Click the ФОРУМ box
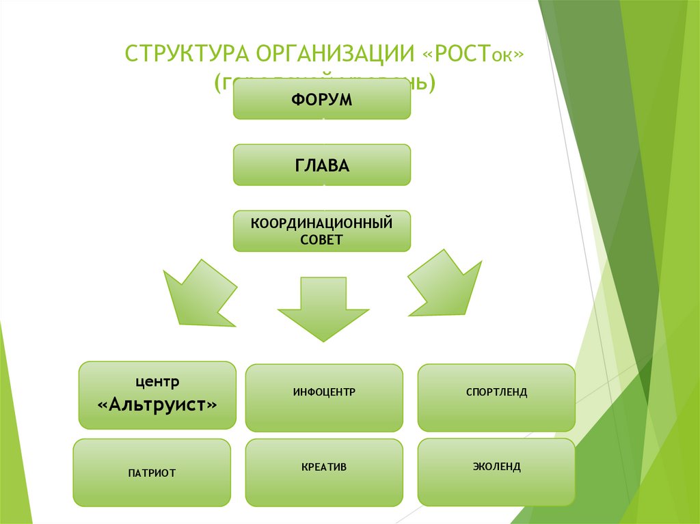[x=322, y=100]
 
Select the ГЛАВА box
[x=322, y=165]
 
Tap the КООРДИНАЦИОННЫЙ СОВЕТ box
[x=322, y=231]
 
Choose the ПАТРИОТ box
[x=152, y=473]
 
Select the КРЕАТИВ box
[x=324, y=472]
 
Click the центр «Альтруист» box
[x=157, y=395]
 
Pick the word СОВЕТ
[x=321, y=240]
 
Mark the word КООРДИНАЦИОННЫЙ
[x=321, y=223]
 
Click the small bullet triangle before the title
[x=113, y=54]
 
